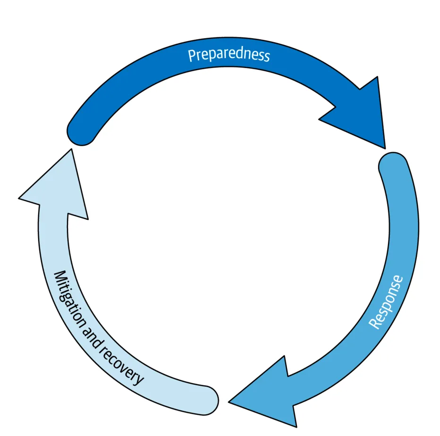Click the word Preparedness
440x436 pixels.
coord(229,54)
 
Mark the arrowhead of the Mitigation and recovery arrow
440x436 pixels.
coord(57,189)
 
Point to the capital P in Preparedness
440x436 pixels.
coord(192,56)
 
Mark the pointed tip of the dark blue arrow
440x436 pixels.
coord(384,147)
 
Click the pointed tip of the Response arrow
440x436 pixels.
coord(230,402)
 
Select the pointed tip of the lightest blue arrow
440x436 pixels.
coord(71,150)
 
